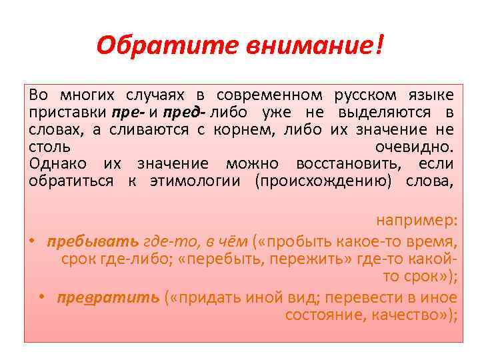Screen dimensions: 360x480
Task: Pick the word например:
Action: [417, 221]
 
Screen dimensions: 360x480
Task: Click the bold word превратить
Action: [109, 297]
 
